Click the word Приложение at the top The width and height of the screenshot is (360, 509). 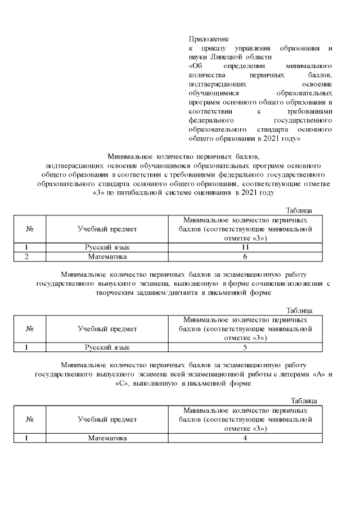208,39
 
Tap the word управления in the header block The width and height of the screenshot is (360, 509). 247,48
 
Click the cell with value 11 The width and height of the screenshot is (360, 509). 245,247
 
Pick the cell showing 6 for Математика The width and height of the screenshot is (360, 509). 245,256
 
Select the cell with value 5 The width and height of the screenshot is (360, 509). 245,348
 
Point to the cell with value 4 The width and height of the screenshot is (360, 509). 245,438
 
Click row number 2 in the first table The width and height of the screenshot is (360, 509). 26,256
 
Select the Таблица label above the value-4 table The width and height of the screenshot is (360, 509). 304,400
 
